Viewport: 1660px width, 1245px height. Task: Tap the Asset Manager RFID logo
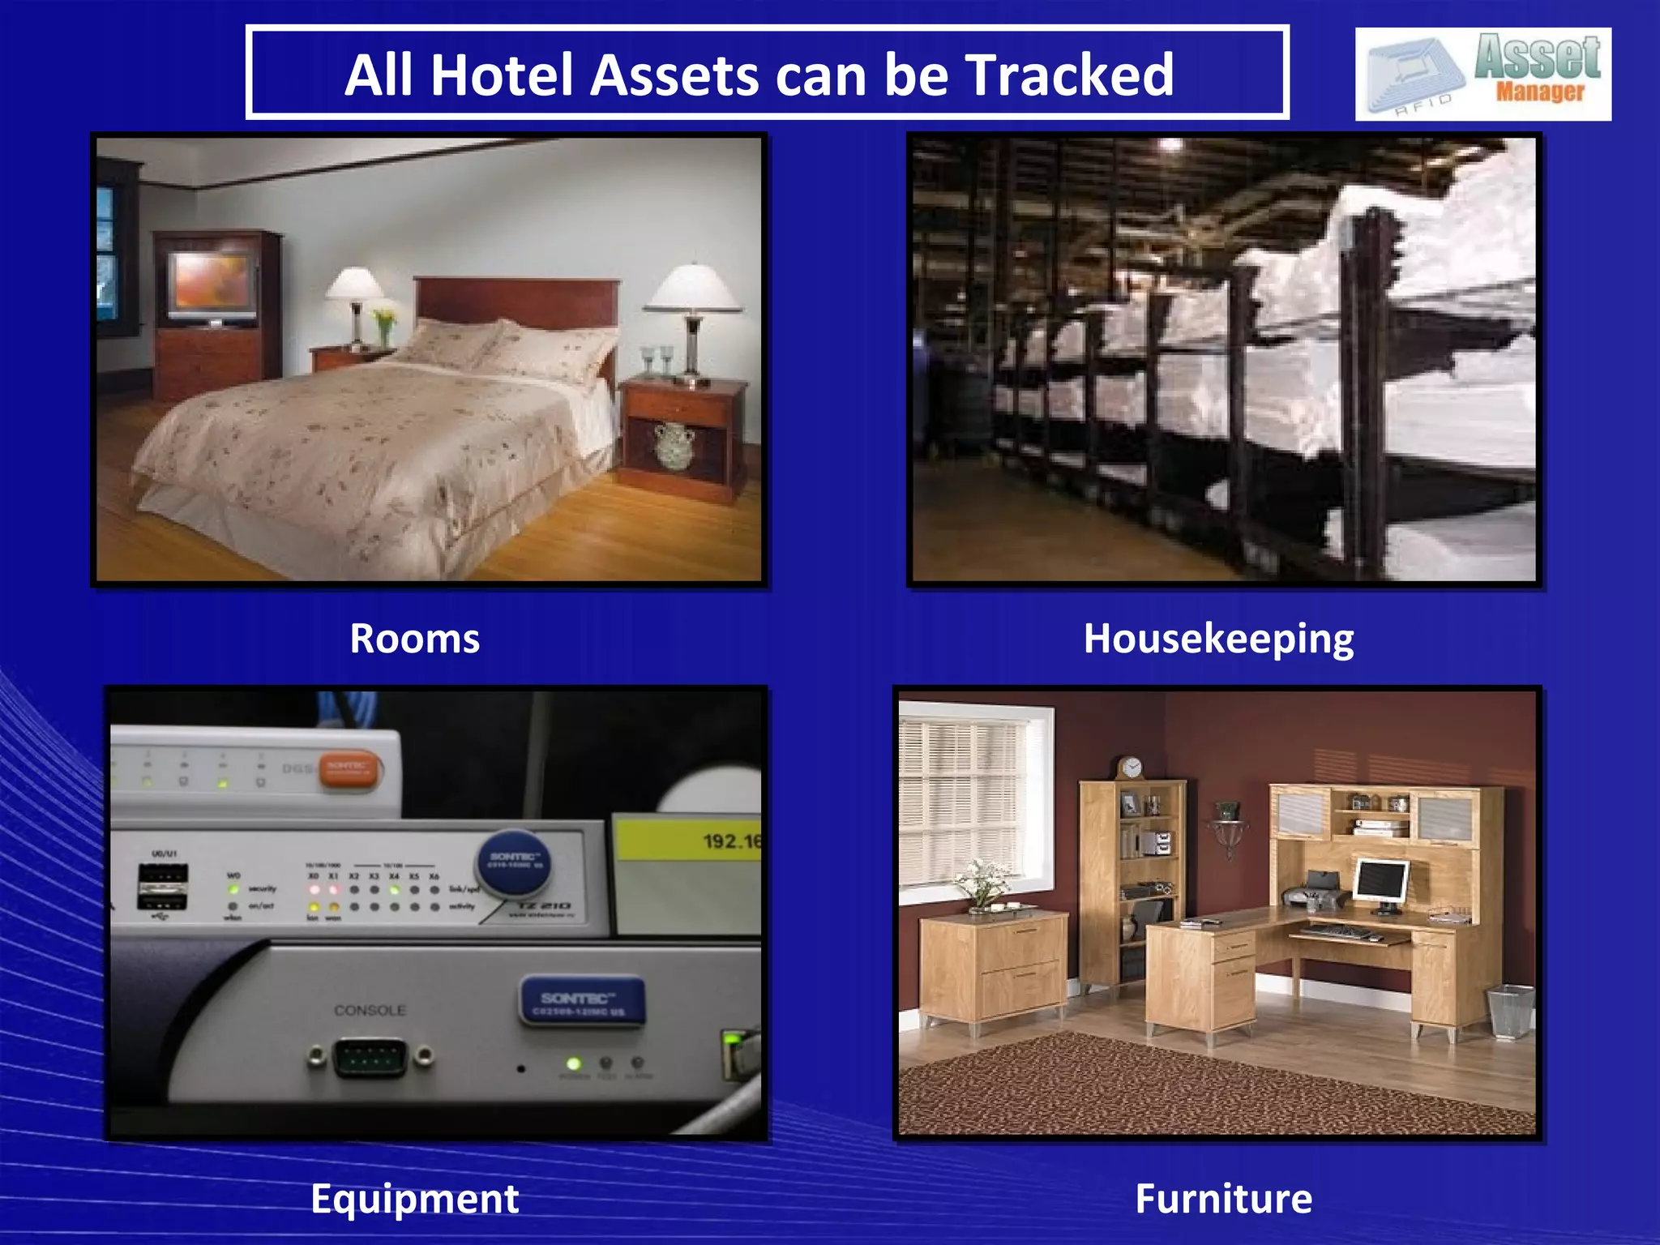tap(1482, 74)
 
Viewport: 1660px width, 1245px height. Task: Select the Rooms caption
tap(414, 639)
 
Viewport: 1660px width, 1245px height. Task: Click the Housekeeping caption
tap(1217, 639)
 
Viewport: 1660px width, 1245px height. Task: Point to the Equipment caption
tap(414, 1199)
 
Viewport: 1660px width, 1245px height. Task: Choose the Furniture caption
tap(1223, 1199)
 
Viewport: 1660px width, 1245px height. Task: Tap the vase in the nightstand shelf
tap(674, 445)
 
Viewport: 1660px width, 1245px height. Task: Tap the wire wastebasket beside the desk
tap(1509, 1010)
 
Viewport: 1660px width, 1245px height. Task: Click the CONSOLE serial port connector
tap(370, 1057)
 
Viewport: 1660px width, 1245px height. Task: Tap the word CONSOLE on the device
tap(370, 1010)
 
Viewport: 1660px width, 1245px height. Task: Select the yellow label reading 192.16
tap(689, 841)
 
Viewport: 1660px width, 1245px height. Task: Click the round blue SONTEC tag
tap(514, 861)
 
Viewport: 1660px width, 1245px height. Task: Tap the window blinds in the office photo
tap(963, 790)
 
